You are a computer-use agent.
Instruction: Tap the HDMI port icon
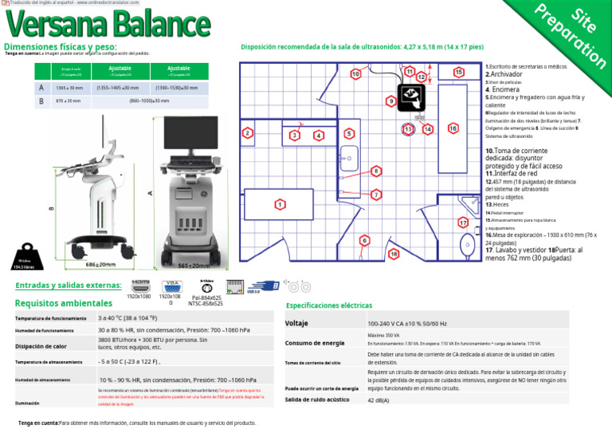(x=139, y=285)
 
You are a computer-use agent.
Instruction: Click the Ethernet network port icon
(x=235, y=286)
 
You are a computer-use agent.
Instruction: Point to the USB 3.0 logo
(x=264, y=286)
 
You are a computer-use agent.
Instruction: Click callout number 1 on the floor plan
(x=280, y=205)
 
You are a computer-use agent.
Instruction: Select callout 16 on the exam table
(x=453, y=128)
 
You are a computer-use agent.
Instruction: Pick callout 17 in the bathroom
(x=463, y=222)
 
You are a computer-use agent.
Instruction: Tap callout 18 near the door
(x=393, y=254)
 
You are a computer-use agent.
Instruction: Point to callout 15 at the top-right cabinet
(x=458, y=73)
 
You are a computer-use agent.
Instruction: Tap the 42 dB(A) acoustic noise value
(x=379, y=400)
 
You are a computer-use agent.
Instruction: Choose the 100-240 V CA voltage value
(x=406, y=324)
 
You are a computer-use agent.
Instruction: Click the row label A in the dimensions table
(x=41, y=88)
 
